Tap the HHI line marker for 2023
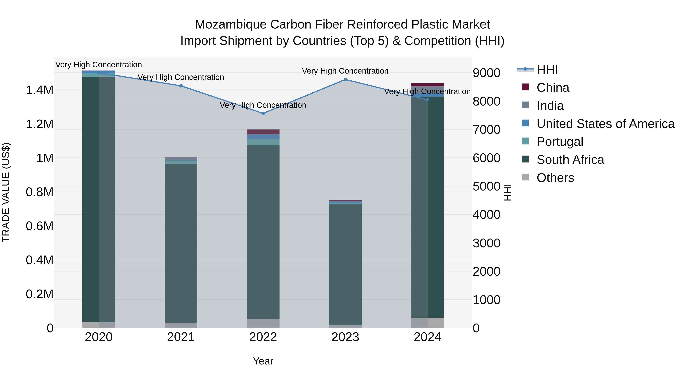(x=345, y=79)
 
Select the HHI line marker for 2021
(x=181, y=86)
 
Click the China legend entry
(x=553, y=88)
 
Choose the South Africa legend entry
(x=570, y=160)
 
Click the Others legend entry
(x=555, y=178)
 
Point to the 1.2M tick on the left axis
(x=39, y=124)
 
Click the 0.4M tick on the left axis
(x=39, y=260)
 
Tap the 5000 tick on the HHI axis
(x=486, y=186)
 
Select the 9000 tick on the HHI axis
(x=486, y=73)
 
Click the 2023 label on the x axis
(x=345, y=337)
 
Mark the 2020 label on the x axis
(x=99, y=337)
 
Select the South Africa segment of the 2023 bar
(x=345, y=264)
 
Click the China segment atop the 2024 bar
(x=427, y=85)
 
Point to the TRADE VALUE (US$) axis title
(x=6, y=192)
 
